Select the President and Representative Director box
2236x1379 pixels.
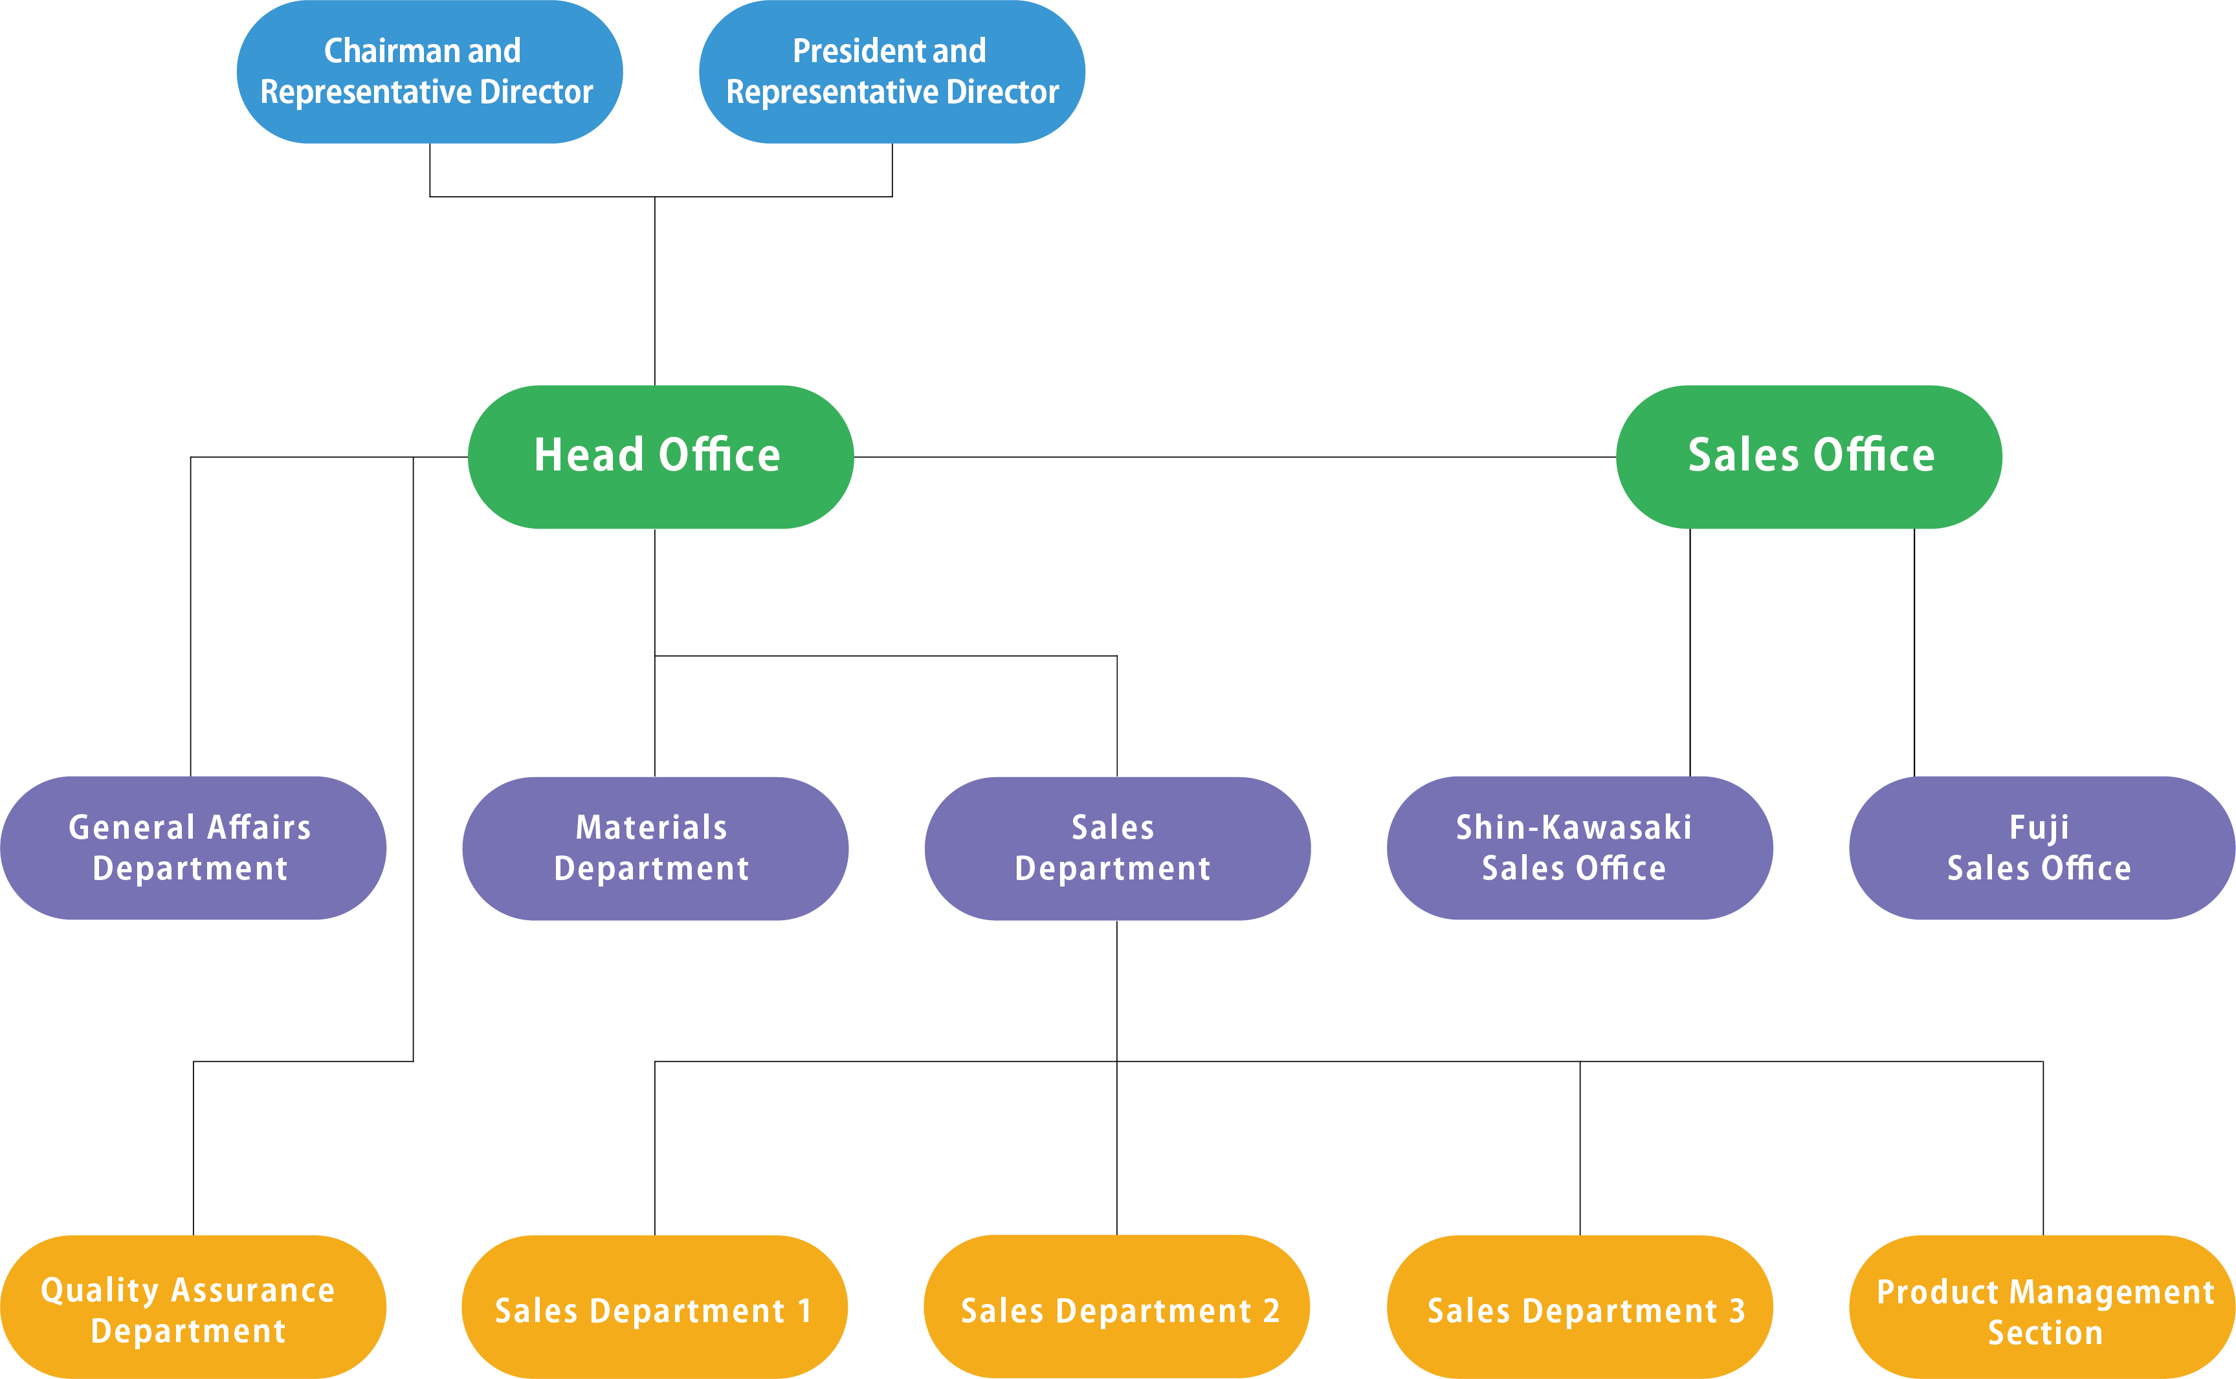click(892, 71)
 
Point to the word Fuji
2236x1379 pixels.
click(2039, 827)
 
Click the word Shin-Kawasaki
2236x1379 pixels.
click(1573, 827)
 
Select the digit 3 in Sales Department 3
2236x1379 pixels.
click(1736, 1310)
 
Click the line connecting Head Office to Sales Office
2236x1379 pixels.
click(1231, 457)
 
